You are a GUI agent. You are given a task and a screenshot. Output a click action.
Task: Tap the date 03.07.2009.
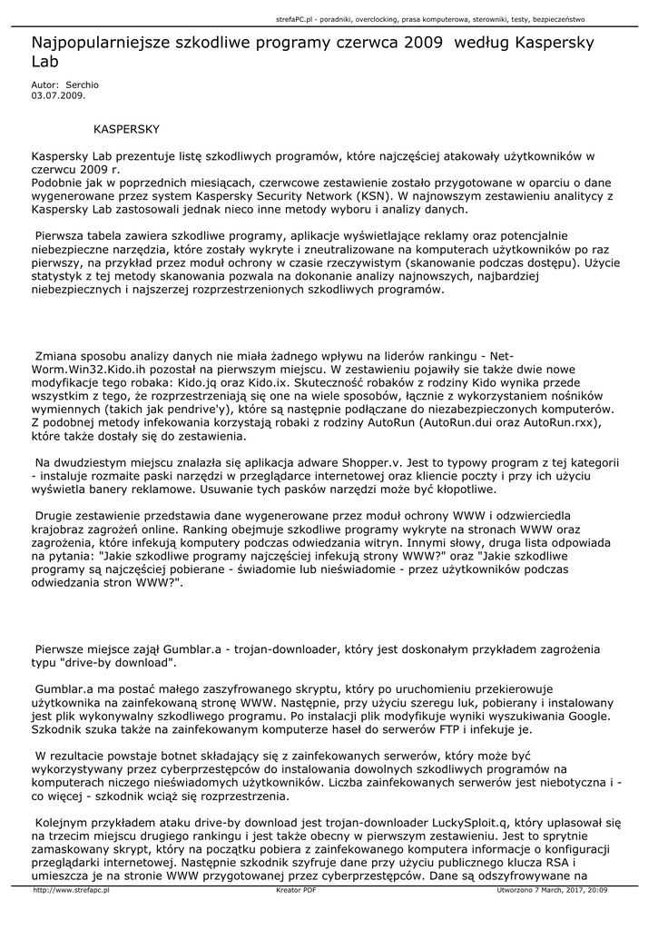tap(59, 94)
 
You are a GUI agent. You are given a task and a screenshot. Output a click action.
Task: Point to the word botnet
tap(171, 755)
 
